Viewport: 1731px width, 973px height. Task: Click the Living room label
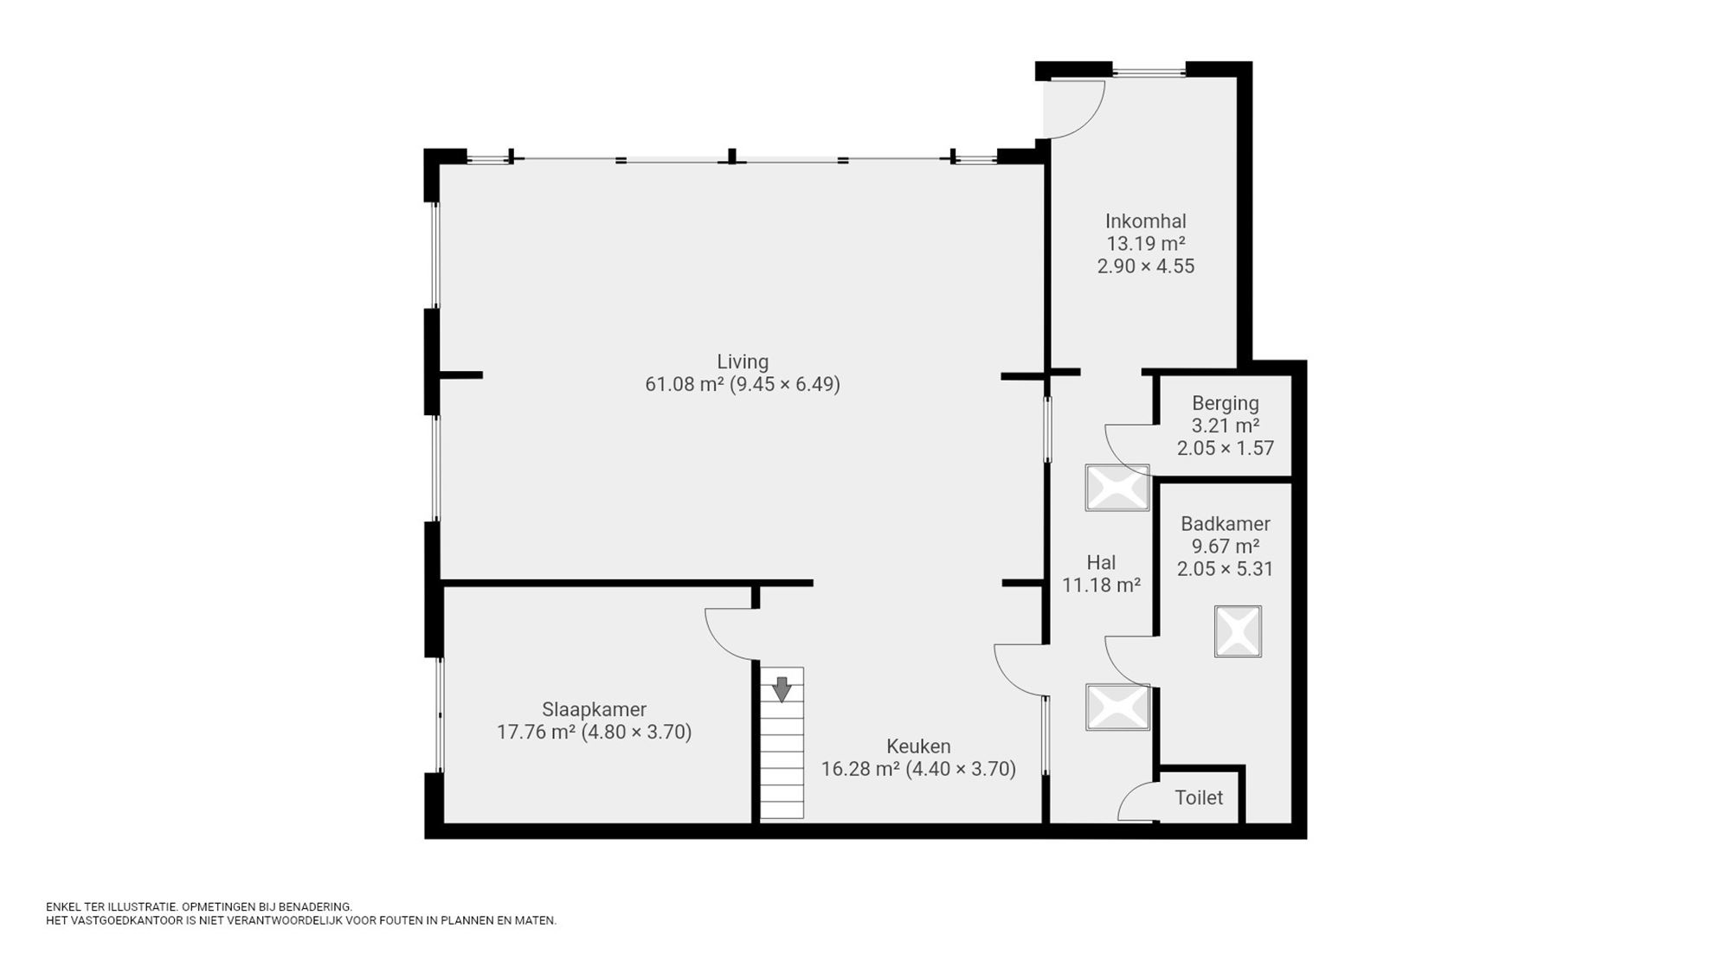742,362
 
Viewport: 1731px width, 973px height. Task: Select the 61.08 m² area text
685,384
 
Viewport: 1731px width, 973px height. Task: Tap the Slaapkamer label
594,709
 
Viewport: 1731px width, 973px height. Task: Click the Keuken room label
917,746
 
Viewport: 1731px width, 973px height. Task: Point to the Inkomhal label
1145,221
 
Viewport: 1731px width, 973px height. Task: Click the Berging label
1225,403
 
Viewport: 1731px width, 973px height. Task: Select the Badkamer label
1225,524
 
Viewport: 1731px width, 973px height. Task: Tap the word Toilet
1198,797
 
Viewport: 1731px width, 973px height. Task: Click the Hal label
1101,563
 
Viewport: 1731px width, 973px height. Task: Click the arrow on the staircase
782,688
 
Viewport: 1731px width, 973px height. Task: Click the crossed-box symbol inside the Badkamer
1238,631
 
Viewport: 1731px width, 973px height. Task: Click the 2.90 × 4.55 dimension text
1145,266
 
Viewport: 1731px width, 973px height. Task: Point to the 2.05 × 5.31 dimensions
1225,569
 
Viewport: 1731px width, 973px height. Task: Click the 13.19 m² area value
1145,244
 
